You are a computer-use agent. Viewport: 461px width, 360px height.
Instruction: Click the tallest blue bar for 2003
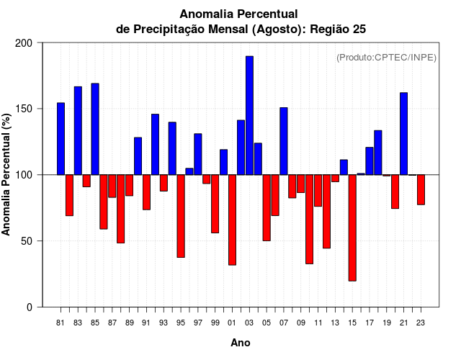249,115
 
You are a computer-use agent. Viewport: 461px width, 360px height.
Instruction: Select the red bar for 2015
352,228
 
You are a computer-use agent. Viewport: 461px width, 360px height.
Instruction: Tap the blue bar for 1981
61,139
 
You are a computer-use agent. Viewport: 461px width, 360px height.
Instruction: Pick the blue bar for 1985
95,129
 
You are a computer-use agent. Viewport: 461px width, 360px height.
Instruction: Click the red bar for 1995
181,216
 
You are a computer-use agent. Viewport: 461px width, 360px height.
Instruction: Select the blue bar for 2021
403,134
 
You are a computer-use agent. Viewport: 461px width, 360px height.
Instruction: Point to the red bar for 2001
232,220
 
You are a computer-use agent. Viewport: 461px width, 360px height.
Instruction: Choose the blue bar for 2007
284,141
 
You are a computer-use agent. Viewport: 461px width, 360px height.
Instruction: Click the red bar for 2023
421,189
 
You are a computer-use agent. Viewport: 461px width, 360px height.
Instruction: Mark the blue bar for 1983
78,130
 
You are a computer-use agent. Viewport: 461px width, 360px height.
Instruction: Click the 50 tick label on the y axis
27,241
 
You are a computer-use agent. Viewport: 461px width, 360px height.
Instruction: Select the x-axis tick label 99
215,323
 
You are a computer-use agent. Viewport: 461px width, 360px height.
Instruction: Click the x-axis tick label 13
335,323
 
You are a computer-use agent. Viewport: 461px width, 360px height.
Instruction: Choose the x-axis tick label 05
267,323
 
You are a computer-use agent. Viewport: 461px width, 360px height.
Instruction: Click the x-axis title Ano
241,343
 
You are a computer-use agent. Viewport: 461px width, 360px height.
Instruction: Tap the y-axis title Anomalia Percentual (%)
7,174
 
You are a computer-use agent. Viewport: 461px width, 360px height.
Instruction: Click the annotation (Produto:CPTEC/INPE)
386,57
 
